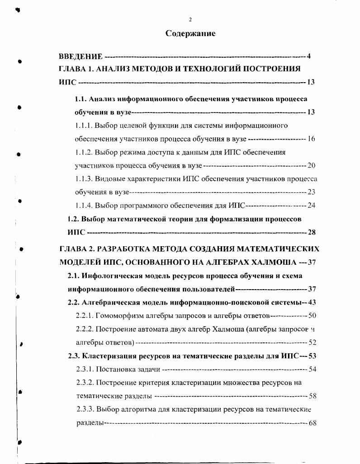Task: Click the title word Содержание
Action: pyautogui.click(x=190, y=33)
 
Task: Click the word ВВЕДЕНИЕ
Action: pyautogui.click(x=81, y=57)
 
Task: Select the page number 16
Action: pyautogui.click(x=311, y=138)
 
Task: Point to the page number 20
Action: pyautogui.click(x=311, y=165)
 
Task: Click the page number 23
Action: pyautogui.click(x=311, y=192)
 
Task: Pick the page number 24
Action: pyautogui.click(x=311, y=206)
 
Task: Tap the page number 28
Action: pyautogui.click(x=311, y=232)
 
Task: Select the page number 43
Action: pyautogui.click(x=311, y=302)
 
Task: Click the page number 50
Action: pyautogui.click(x=311, y=315)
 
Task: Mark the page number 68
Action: pyautogui.click(x=311, y=423)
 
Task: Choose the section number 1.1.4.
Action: pyautogui.click(x=84, y=206)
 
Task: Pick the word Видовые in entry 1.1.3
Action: pyautogui.click(x=109, y=179)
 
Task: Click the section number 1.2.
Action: pyautogui.click(x=73, y=219)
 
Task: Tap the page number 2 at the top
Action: pyautogui.click(x=190, y=19)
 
